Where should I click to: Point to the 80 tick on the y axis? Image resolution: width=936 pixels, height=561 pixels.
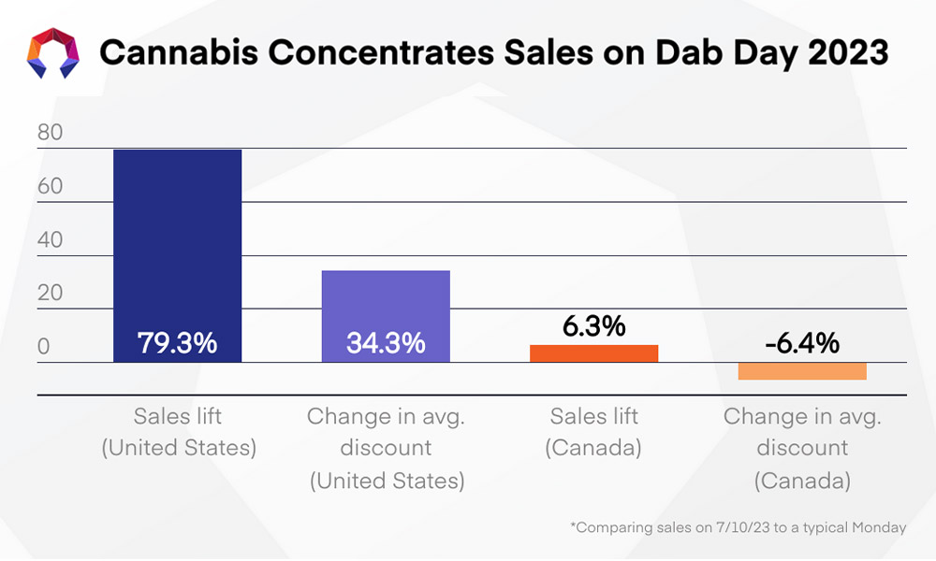coord(50,133)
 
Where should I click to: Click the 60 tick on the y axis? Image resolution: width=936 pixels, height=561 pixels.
coord(50,186)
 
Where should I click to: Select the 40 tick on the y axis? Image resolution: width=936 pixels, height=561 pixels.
coord(50,239)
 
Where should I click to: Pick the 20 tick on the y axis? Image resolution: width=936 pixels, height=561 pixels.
coord(50,293)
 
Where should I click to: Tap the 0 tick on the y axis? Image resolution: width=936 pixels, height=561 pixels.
coord(43,347)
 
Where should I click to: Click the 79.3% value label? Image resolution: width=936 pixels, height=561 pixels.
coord(178,343)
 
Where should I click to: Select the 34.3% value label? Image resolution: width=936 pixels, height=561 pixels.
coord(386,343)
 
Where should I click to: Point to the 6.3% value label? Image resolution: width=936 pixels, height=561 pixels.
coord(593,326)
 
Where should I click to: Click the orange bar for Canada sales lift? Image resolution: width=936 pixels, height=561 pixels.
coord(593,353)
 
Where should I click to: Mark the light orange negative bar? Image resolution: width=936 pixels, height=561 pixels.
coord(801,370)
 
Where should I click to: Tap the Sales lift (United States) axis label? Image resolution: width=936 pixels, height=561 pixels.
coord(178,432)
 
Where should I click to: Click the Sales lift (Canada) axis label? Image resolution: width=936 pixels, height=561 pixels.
coord(593,432)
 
